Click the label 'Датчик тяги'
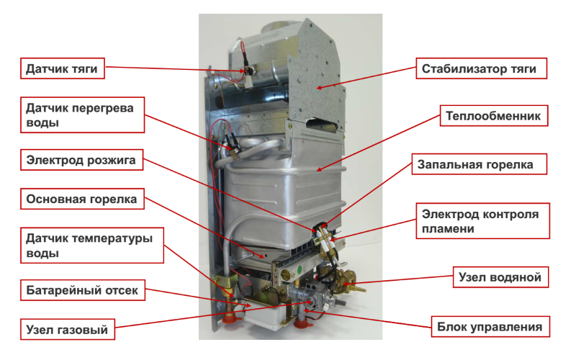click(x=62, y=68)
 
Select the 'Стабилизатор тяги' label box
click(x=481, y=68)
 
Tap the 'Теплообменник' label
click(x=494, y=116)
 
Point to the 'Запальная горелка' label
click(x=479, y=164)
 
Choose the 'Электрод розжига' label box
click(x=81, y=160)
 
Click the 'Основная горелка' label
click(x=82, y=199)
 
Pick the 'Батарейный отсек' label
click(x=82, y=290)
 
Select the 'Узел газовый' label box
click(x=67, y=329)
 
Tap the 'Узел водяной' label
click(x=500, y=277)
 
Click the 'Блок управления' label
click(x=490, y=327)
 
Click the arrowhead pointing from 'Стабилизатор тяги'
click(x=319, y=87)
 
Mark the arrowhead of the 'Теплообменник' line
click(x=319, y=169)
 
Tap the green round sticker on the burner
click(x=301, y=269)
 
